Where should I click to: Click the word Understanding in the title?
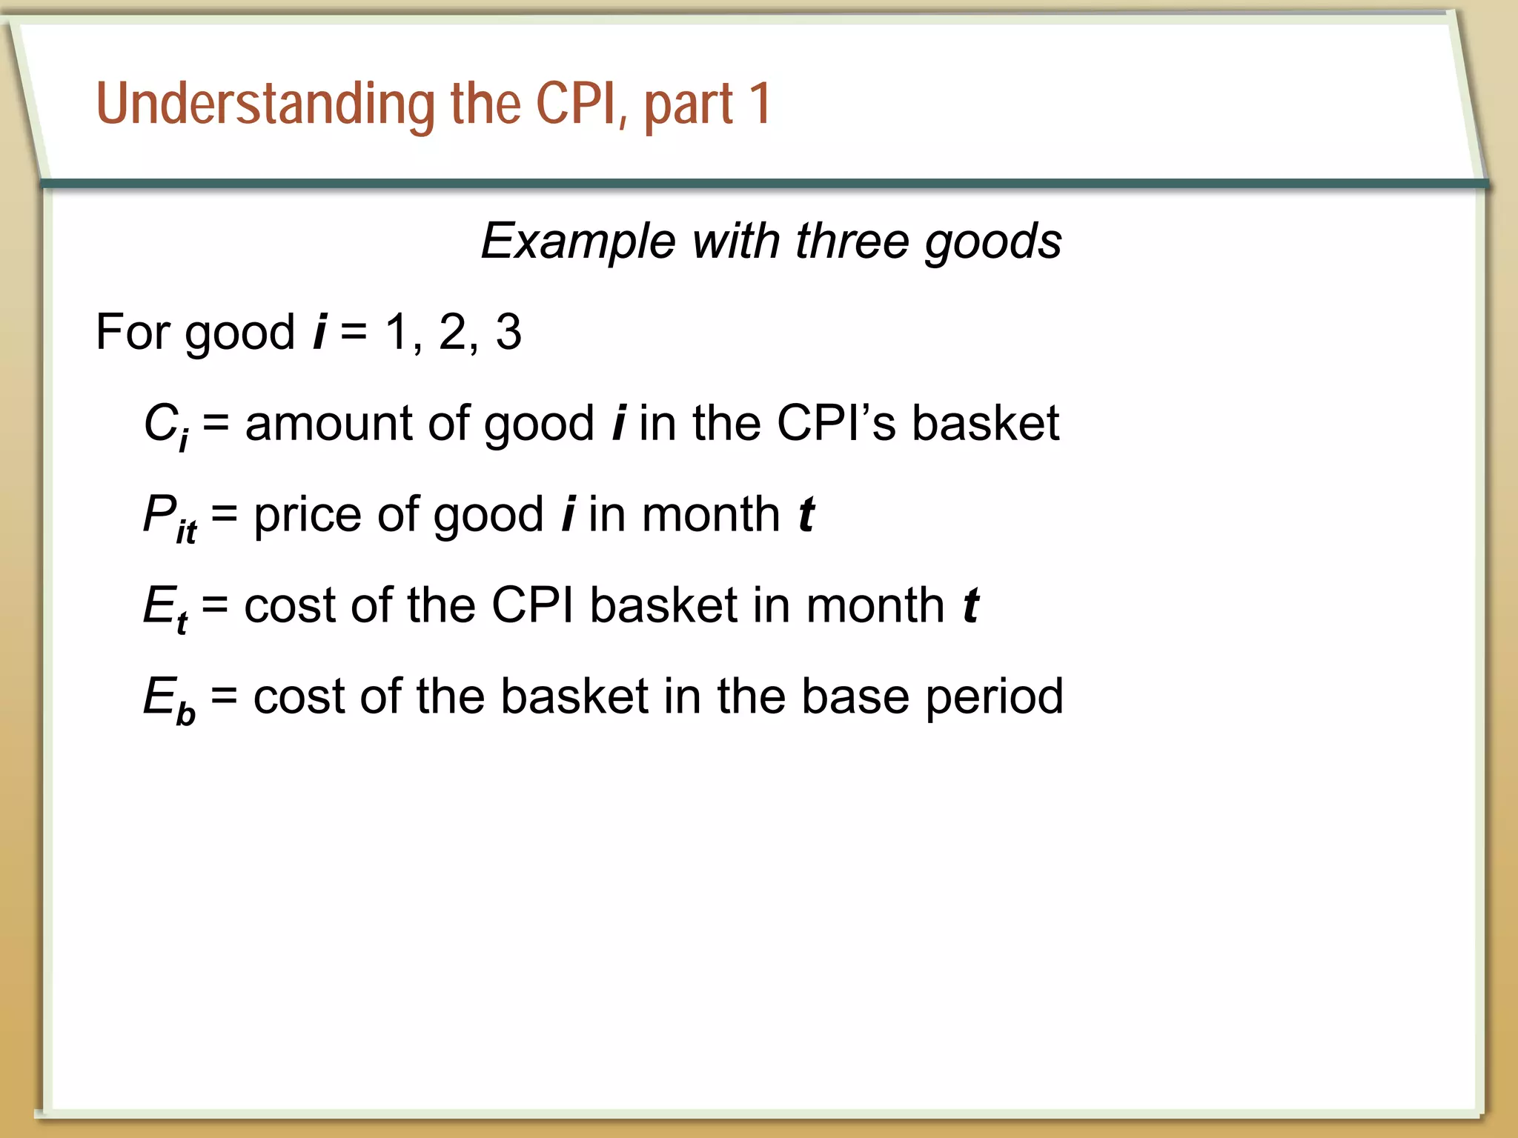pyautogui.click(x=265, y=104)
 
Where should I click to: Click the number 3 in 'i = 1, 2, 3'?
pyautogui.click(x=508, y=332)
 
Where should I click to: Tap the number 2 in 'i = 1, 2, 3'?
pyautogui.click(x=453, y=332)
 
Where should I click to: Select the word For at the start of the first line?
pyautogui.click(x=133, y=332)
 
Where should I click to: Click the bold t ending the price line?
pyautogui.click(x=806, y=516)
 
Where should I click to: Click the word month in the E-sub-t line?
pyautogui.click(x=875, y=606)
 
